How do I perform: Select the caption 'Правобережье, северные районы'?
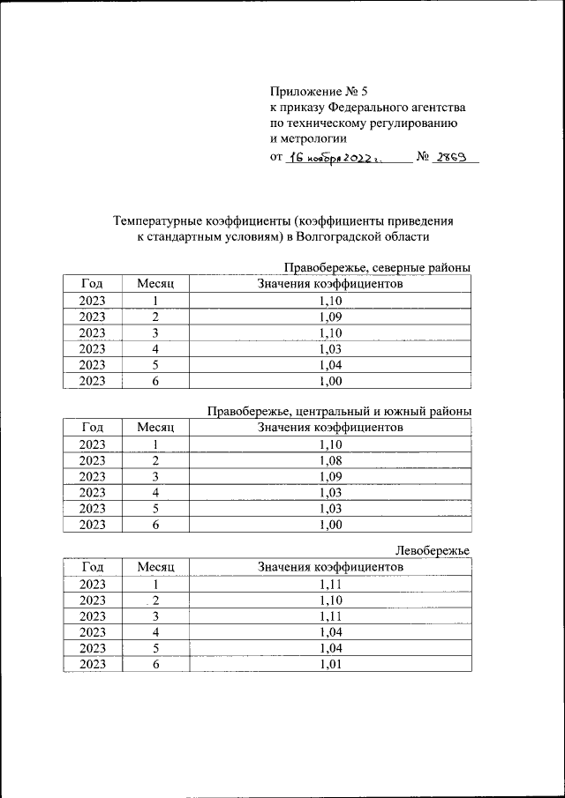click(x=376, y=267)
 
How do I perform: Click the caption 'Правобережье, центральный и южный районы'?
click(x=338, y=410)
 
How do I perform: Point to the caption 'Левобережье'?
click(x=433, y=551)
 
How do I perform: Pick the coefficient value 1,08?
click(x=330, y=460)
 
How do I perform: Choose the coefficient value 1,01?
click(x=330, y=666)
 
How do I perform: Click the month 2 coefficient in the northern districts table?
click(x=330, y=317)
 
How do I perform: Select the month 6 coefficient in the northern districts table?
click(x=330, y=381)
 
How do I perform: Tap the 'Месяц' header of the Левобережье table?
click(x=156, y=567)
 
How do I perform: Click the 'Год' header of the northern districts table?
click(x=92, y=284)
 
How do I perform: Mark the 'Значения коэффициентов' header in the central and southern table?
click(x=330, y=427)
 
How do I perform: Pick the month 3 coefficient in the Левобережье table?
click(x=330, y=615)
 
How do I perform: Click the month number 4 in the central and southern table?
click(x=155, y=492)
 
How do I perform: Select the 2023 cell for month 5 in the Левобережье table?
click(x=92, y=648)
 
